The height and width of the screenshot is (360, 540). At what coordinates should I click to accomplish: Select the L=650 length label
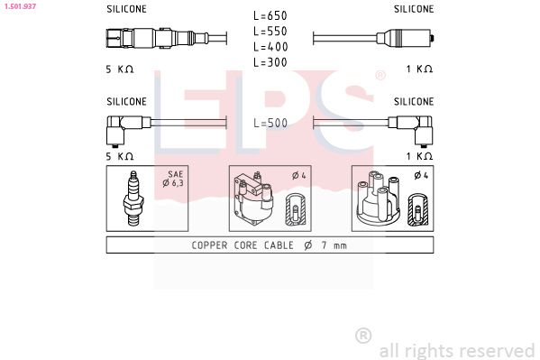270,15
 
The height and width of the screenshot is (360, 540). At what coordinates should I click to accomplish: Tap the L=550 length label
270,31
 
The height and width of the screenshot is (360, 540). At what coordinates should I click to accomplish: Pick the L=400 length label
270,46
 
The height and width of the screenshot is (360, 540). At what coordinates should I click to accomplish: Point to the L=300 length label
270,61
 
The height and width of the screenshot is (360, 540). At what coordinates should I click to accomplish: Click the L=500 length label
270,123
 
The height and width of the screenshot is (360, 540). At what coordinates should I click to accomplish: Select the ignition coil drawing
254,199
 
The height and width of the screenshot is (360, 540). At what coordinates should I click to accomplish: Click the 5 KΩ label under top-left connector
120,69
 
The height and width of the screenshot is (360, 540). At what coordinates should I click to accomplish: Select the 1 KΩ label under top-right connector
418,69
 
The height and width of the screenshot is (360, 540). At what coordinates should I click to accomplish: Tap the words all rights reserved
456,349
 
